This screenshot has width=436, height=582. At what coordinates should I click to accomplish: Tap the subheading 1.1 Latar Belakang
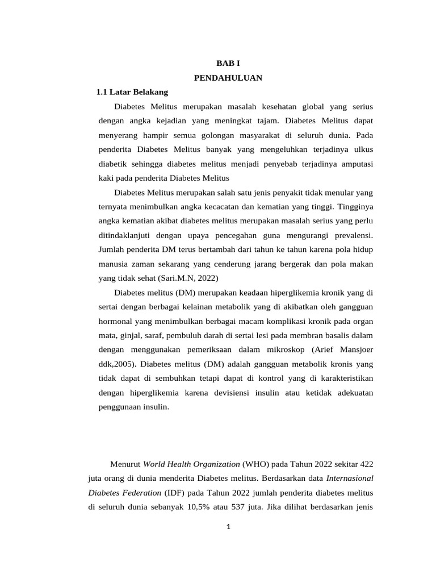[132, 92]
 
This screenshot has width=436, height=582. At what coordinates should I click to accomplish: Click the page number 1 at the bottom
[228, 527]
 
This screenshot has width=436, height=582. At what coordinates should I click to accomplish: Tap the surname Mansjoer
[355, 349]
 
